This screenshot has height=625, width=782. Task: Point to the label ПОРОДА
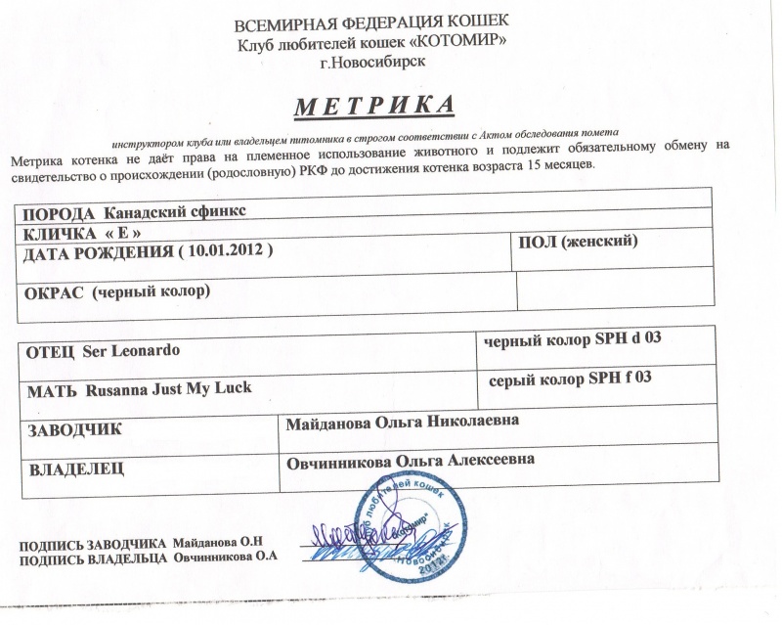pos(59,212)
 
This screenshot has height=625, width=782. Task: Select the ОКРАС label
pos(52,290)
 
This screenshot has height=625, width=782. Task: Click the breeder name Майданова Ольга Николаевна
pos(402,421)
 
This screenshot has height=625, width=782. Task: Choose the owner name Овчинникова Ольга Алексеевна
pos(410,460)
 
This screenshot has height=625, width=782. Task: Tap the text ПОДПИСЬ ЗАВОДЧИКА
pos(94,541)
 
